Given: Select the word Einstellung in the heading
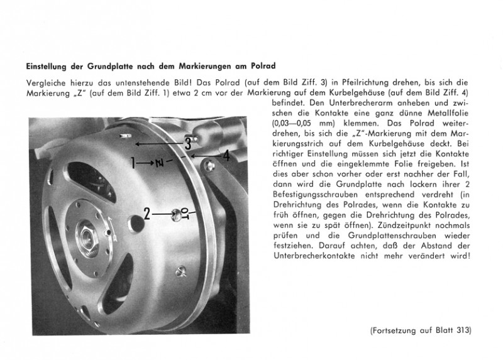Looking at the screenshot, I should (x=48, y=65).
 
